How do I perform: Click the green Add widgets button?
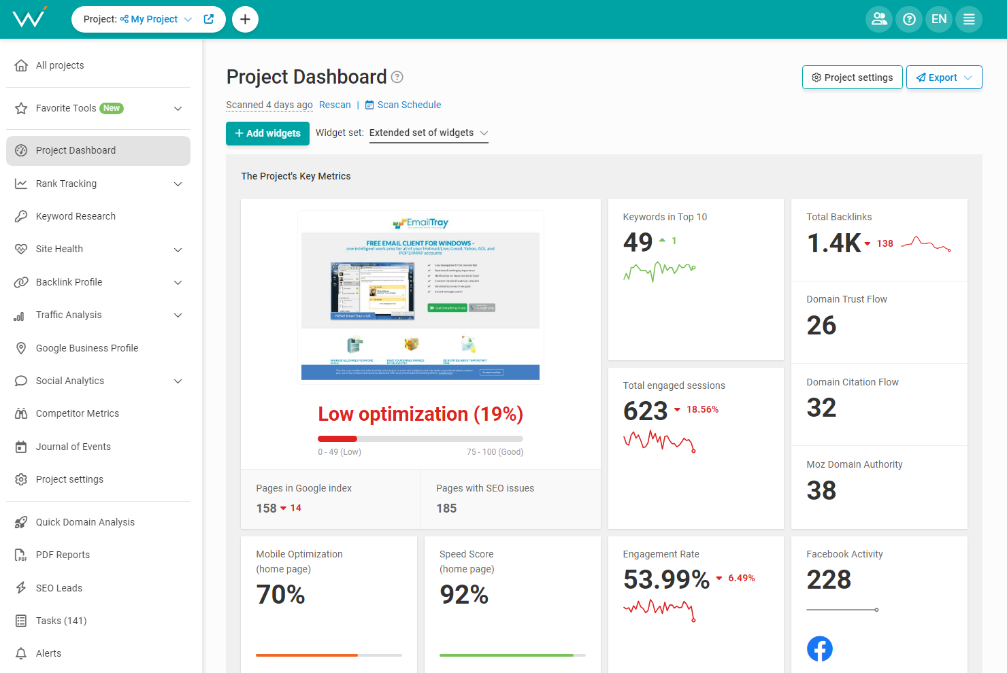click(267, 133)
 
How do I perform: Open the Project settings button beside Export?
click(852, 77)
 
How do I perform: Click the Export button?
click(943, 77)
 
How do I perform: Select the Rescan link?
click(335, 105)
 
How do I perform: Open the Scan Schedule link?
click(403, 105)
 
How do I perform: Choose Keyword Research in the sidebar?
click(76, 216)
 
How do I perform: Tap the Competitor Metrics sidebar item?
click(77, 413)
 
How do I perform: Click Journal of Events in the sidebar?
click(73, 447)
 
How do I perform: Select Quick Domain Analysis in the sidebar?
click(85, 522)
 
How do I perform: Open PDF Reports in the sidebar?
click(63, 555)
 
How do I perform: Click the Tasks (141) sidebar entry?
click(61, 621)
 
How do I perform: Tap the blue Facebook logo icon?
click(819, 649)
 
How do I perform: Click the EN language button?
click(939, 19)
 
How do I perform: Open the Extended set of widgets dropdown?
click(429, 133)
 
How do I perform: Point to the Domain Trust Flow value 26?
click(821, 326)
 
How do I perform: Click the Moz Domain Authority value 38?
click(821, 490)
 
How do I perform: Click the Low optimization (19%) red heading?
click(420, 414)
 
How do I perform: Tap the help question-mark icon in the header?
click(909, 19)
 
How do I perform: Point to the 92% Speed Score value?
click(464, 595)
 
